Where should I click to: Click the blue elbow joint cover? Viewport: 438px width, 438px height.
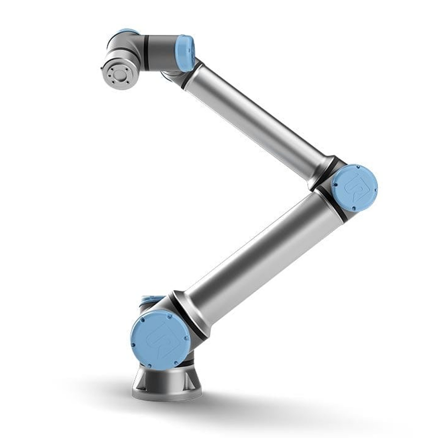coord(355,188)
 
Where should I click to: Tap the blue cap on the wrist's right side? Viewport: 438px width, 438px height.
coord(185,53)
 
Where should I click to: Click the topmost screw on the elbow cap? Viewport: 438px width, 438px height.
coord(358,166)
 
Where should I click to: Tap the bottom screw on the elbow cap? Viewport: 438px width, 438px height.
coord(353,209)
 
